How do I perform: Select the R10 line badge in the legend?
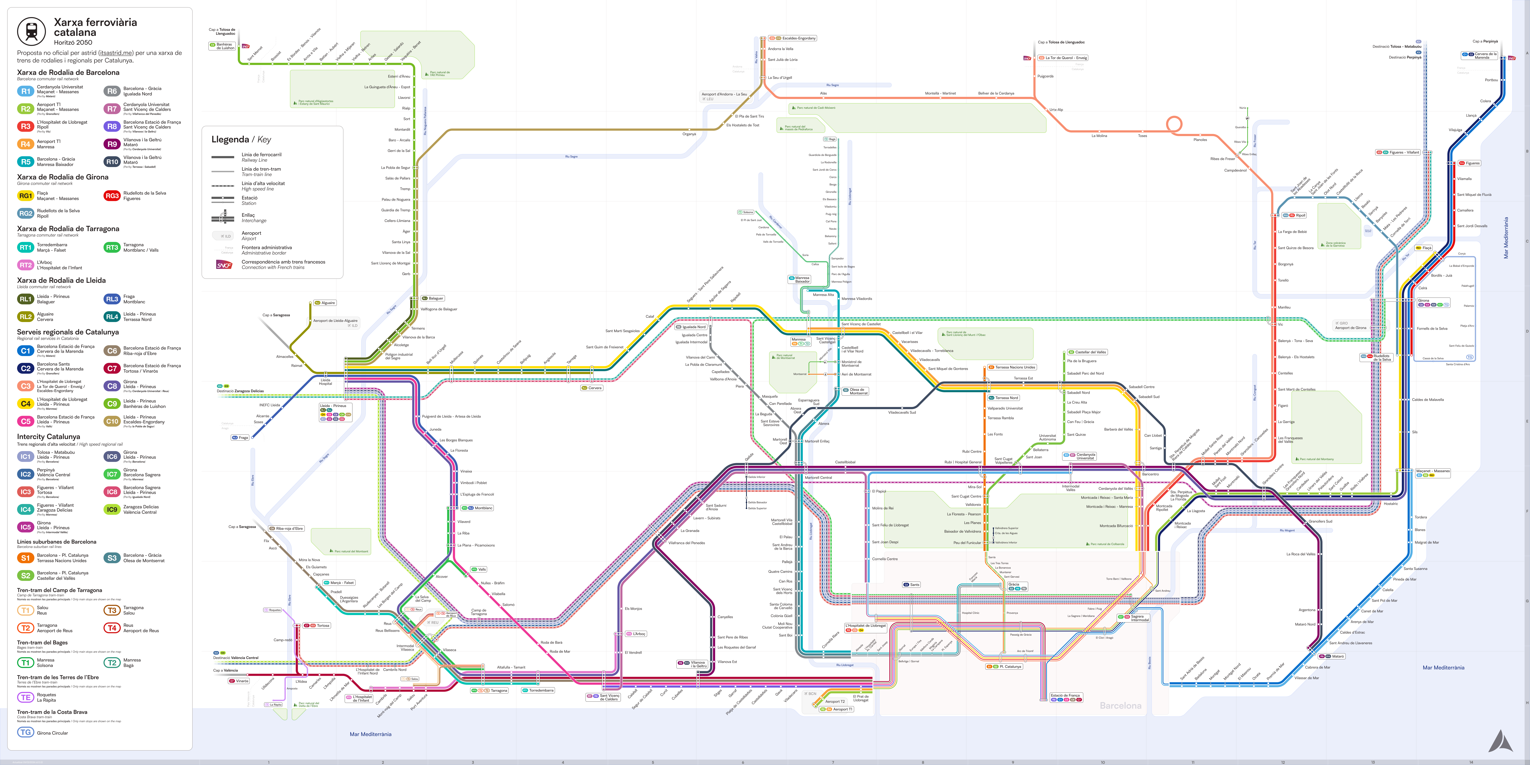coord(112,162)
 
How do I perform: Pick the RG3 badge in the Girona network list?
coord(112,195)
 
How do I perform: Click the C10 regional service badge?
coord(112,421)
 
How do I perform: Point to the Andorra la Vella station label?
coord(780,49)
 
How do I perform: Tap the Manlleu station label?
coord(1284,307)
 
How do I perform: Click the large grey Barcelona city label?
coord(1120,706)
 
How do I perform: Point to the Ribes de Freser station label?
coord(1222,159)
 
